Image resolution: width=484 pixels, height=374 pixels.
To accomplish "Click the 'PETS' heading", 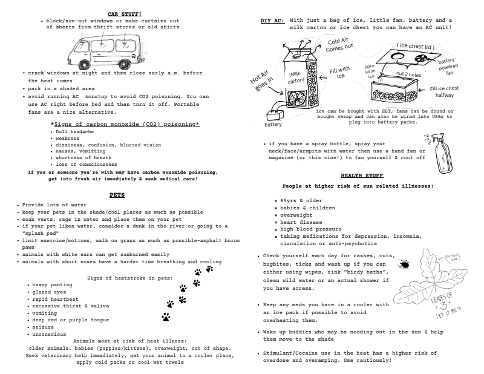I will (117, 195).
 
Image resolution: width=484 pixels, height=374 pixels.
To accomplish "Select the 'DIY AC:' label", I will (272, 20).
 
